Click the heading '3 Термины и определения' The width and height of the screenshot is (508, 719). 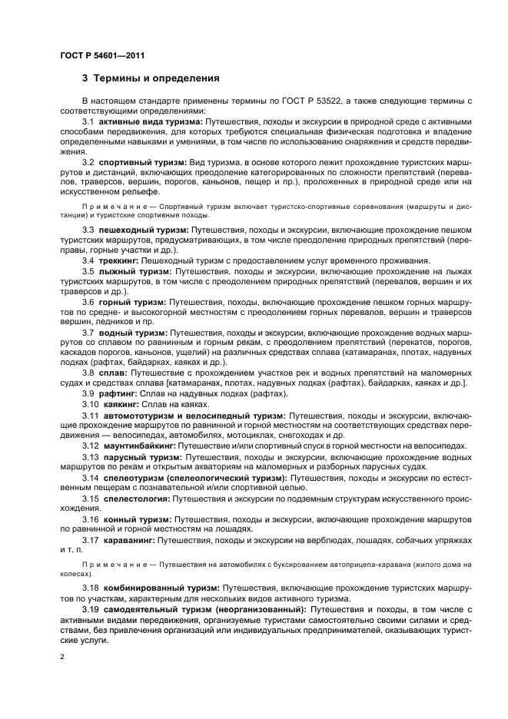pos(151,78)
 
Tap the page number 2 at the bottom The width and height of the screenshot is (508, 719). pos(62,657)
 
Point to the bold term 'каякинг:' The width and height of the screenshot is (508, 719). pos(118,404)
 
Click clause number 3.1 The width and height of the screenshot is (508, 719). pos(88,121)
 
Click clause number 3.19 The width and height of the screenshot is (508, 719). pos(91,609)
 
